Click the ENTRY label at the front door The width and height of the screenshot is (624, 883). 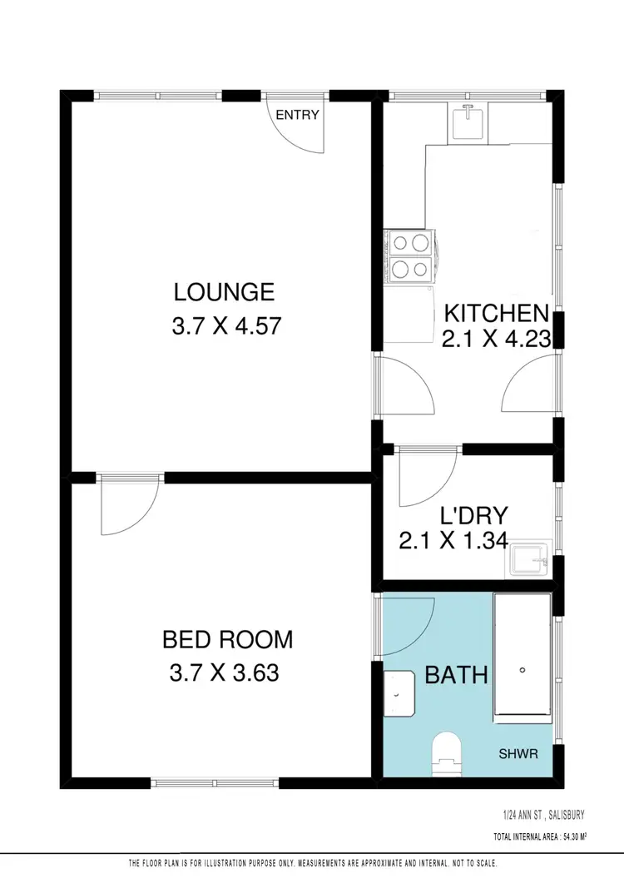297,115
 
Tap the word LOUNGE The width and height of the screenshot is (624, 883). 224,292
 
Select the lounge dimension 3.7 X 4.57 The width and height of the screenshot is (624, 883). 224,326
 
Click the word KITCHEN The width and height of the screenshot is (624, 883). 496,314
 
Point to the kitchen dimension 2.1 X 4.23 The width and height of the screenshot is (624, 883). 497,340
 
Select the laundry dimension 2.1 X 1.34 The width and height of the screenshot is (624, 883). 453,542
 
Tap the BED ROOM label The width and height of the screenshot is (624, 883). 227,639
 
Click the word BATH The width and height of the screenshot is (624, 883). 456,674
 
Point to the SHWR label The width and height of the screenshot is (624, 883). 518,754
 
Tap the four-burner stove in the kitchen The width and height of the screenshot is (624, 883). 409,256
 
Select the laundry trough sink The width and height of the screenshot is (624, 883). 529,561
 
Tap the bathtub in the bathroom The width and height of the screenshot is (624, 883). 522,655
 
